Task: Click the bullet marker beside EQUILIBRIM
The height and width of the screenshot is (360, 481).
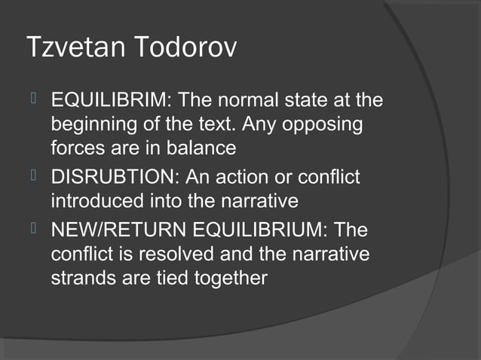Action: pyautogui.click(x=32, y=99)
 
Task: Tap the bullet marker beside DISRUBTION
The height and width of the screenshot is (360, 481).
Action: pyautogui.click(x=32, y=178)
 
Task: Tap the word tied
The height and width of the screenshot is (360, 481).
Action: pyautogui.click(x=171, y=278)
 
